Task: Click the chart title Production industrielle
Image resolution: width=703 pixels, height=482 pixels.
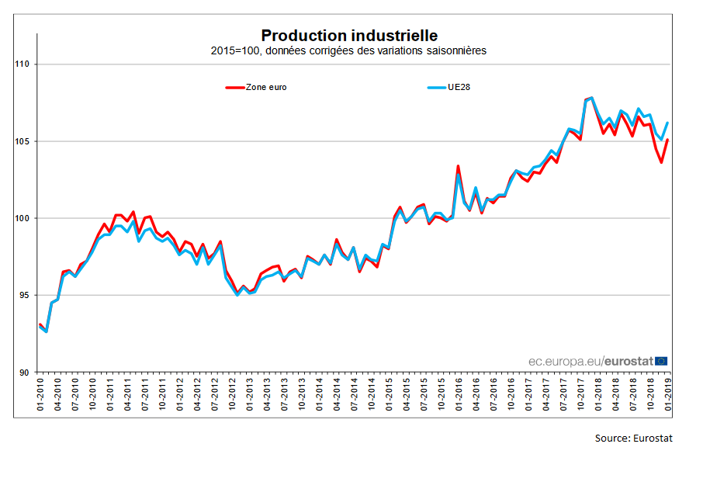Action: pyautogui.click(x=349, y=36)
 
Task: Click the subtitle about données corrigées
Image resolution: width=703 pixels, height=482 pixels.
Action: pyautogui.click(x=348, y=50)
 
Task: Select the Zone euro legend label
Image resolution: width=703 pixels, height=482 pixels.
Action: pyautogui.click(x=266, y=87)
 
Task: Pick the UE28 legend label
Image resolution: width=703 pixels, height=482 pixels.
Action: pyautogui.click(x=459, y=87)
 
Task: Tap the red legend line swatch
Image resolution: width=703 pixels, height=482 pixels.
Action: pyautogui.click(x=234, y=87)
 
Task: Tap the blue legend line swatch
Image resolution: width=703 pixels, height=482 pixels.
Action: pyautogui.click(x=437, y=87)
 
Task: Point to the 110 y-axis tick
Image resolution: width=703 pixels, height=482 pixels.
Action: pyautogui.click(x=21, y=64)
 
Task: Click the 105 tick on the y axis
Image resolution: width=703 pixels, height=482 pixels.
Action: pyautogui.click(x=21, y=141)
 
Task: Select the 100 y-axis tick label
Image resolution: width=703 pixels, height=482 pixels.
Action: pyautogui.click(x=21, y=218)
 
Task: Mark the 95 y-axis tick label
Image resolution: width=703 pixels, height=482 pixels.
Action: pyautogui.click(x=23, y=295)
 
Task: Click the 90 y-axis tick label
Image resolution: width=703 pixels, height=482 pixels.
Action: pyautogui.click(x=23, y=372)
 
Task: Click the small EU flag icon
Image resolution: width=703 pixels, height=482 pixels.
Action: pyautogui.click(x=662, y=360)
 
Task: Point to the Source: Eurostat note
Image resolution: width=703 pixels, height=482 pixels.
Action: pyautogui.click(x=633, y=439)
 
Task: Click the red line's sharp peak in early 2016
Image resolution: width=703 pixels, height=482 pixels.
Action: pyautogui.click(x=458, y=166)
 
